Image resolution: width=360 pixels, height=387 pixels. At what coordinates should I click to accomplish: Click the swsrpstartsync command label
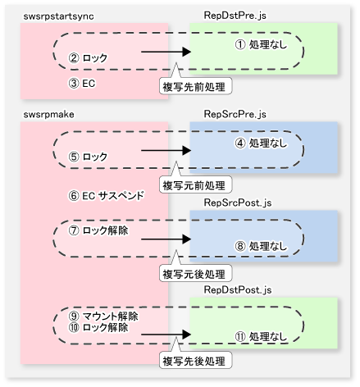pyautogui.click(x=58, y=16)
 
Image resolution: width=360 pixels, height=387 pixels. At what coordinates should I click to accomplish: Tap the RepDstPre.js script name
pyautogui.click(x=235, y=16)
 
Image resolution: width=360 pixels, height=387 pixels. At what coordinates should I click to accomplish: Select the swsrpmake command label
pyautogui.click(x=48, y=115)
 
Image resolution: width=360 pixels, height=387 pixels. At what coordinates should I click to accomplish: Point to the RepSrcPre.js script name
pyautogui.click(x=235, y=114)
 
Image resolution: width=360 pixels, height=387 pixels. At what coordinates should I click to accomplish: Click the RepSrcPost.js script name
pyautogui.click(x=238, y=203)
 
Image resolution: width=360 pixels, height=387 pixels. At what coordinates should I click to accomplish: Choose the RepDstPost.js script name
pyautogui.click(x=238, y=290)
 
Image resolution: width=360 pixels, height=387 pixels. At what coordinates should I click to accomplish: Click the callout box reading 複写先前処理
pyautogui.click(x=195, y=86)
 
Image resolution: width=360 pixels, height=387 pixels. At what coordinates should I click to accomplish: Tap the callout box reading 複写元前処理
pyautogui.click(x=195, y=184)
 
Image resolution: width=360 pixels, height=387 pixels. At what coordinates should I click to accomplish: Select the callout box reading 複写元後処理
pyautogui.click(x=195, y=273)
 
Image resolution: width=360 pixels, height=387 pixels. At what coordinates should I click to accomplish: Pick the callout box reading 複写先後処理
pyautogui.click(x=195, y=361)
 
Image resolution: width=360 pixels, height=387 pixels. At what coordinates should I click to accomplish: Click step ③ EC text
pyautogui.click(x=82, y=84)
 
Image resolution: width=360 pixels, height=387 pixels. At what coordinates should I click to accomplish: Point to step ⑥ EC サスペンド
pyautogui.click(x=106, y=196)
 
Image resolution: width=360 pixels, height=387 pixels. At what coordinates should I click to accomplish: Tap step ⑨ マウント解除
pyautogui.click(x=103, y=316)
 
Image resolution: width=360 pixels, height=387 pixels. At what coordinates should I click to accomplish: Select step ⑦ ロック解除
pyautogui.click(x=98, y=230)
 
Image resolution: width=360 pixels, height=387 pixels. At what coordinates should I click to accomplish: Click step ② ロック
pyautogui.click(x=88, y=58)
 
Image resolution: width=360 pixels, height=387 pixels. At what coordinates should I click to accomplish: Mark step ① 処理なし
pyautogui.click(x=261, y=44)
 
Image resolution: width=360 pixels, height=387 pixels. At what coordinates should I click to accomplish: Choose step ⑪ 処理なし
pyautogui.click(x=261, y=336)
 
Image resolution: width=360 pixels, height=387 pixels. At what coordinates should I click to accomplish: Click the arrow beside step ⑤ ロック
pyautogui.click(x=166, y=150)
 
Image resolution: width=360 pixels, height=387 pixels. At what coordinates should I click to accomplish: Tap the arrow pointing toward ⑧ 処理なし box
pyautogui.click(x=166, y=239)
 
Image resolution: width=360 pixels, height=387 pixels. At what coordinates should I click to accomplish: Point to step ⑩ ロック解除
pyautogui.click(x=98, y=327)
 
